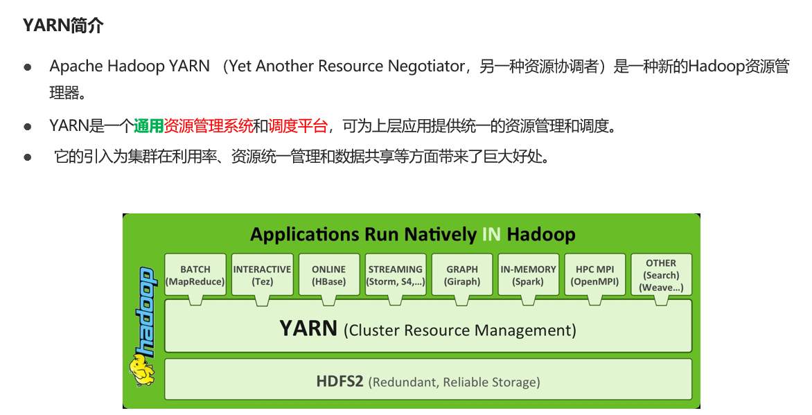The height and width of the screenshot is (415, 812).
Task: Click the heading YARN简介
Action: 63,26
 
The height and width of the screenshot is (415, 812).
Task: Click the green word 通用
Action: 148,126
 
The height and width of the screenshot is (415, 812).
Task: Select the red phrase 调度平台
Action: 297,126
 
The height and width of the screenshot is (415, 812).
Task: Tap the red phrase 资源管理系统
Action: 209,126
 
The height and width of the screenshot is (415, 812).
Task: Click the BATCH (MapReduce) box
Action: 195,275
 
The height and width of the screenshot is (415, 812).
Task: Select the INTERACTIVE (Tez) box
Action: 262,275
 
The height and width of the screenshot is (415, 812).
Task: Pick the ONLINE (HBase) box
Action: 328,275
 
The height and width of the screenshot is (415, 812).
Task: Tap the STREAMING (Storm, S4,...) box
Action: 395,275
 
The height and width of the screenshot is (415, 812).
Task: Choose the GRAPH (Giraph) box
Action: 462,275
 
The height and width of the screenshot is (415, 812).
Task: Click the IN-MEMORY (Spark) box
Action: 528,275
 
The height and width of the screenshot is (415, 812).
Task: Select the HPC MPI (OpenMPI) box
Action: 594,275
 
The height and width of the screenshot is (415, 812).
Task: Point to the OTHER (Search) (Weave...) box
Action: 661,275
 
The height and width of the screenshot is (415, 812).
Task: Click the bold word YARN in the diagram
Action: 308,328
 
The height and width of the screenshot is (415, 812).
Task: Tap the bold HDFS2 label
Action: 339,381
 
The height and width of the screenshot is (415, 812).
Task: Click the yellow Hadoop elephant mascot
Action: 142,371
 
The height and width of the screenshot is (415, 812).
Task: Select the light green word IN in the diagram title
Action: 491,234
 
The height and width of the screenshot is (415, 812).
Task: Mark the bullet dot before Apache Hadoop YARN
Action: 28,67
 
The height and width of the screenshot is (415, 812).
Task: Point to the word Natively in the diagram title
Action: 441,234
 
